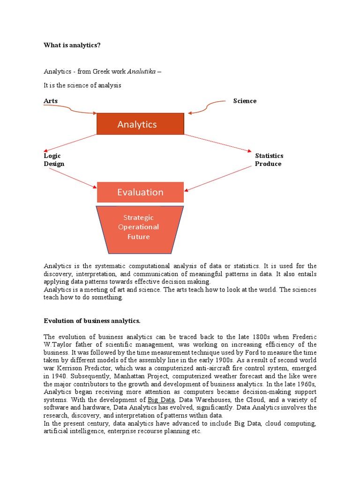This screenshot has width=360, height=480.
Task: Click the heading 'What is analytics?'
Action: point(72,45)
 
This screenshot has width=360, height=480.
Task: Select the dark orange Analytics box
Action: point(140,124)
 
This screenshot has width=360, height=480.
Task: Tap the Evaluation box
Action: point(140,192)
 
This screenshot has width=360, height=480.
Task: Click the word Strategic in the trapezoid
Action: point(138,217)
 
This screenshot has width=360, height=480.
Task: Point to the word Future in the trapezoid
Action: point(138,237)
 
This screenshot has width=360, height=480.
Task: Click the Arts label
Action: point(51,101)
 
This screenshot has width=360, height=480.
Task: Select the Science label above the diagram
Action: point(245,101)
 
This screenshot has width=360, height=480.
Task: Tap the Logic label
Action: point(52,156)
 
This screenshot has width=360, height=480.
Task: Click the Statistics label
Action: point(269,156)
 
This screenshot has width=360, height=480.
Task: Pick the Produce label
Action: point(268,164)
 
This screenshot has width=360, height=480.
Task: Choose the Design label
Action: point(54,164)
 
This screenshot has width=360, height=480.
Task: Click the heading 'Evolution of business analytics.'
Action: point(92,321)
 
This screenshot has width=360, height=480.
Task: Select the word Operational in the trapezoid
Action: point(138,227)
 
